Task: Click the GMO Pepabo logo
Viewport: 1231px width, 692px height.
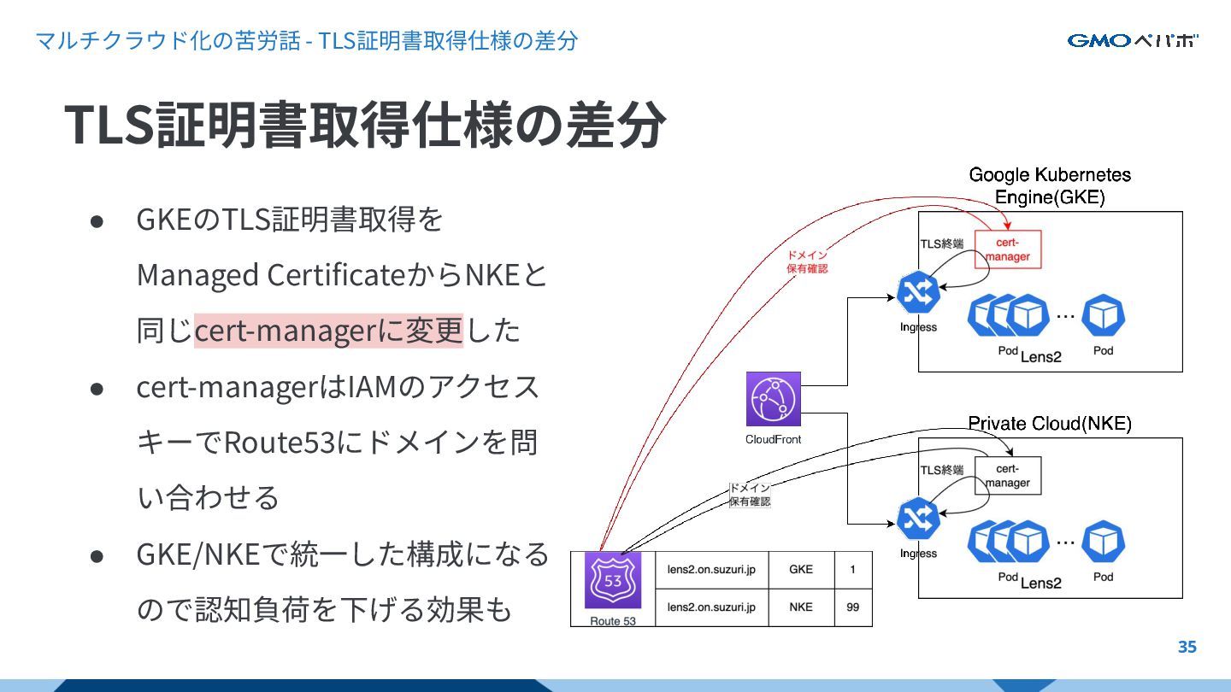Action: point(1132,41)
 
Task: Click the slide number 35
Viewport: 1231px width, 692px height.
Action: point(1187,647)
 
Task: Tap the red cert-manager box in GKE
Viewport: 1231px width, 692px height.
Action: point(1008,249)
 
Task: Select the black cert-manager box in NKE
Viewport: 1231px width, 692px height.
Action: point(1008,476)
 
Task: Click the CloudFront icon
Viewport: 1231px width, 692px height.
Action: point(774,399)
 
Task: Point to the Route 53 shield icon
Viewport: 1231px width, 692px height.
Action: point(613,580)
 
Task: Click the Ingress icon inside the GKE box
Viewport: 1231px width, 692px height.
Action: point(919,294)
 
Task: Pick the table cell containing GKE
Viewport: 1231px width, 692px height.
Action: point(801,570)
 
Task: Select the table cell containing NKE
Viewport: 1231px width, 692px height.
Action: point(801,607)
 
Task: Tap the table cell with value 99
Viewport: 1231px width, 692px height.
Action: point(852,607)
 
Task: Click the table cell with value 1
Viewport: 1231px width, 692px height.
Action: point(852,570)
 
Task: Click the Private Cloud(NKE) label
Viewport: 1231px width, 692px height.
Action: point(1049,424)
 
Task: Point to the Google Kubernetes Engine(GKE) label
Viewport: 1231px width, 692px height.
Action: point(1050,186)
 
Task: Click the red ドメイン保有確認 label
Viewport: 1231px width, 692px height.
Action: point(807,261)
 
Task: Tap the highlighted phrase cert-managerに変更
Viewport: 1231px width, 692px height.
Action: point(328,331)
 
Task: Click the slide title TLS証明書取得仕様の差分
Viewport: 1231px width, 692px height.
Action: point(365,125)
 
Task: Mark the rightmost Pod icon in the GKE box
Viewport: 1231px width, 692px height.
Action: point(1103,316)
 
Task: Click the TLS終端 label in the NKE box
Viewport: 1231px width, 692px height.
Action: point(941,470)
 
